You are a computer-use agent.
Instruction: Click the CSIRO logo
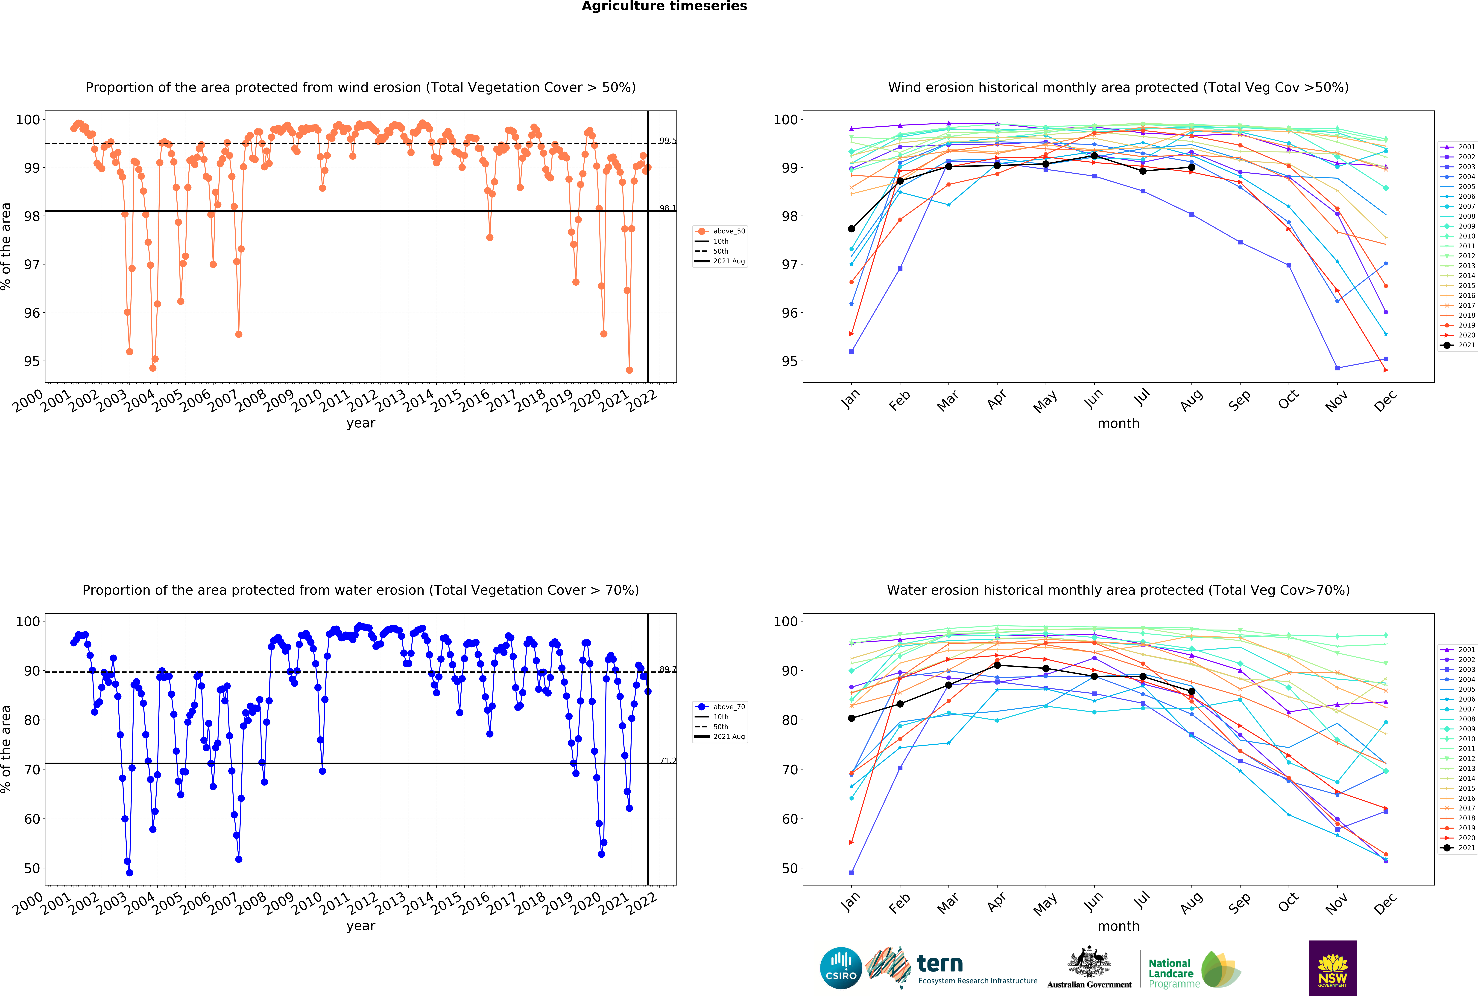[x=841, y=968]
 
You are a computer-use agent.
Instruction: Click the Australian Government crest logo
[x=1089, y=968]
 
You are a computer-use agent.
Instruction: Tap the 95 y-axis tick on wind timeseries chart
[x=32, y=361]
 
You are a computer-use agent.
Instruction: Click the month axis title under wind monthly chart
[x=1118, y=423]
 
